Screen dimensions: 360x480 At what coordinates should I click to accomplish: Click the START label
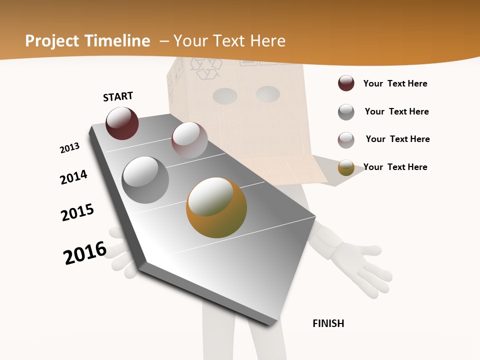pyautogui.click(x=118, y=96)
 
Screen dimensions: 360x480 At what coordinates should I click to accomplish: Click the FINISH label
pyautogui.click(x=328, y=323)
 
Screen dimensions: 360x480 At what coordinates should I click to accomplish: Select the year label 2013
pyautogui.click(x=69, y=148)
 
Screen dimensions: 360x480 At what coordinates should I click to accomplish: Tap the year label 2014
pyautogui.click(x=73, y=177)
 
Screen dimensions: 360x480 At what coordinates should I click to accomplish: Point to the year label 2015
pyautogui.click(x=77, y=212)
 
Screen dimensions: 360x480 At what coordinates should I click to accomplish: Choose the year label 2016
pyautogui.click(x=85, y=253)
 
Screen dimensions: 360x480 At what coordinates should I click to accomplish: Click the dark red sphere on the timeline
pyautogui.click(x=122, y=123)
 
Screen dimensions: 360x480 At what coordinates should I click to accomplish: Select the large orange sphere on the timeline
pyautogui.click(x=216, y=207)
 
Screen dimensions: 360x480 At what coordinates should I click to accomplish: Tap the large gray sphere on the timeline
pyautogui.click(x=145, y=180)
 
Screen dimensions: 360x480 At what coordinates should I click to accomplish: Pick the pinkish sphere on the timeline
pyautogui.click(x=189, y=140)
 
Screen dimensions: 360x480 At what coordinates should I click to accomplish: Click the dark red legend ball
pyautogui.click(x=346, y=83)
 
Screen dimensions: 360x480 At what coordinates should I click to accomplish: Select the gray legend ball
pyautogui.click(x=346, y=111)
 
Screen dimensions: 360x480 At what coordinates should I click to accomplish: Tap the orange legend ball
pyautogui.click(x=346, y=167)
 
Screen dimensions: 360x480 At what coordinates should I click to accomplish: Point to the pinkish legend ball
pyautogui.click(x=346, y=139)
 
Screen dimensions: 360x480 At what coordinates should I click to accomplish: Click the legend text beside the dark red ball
pyautogui.click(x=395, y=83)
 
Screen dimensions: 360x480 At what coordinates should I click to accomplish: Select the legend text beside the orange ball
pyautogui.click(x=395, y=167)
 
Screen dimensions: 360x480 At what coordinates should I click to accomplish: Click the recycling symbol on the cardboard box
pyautogui.click(x=207, y=68)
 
